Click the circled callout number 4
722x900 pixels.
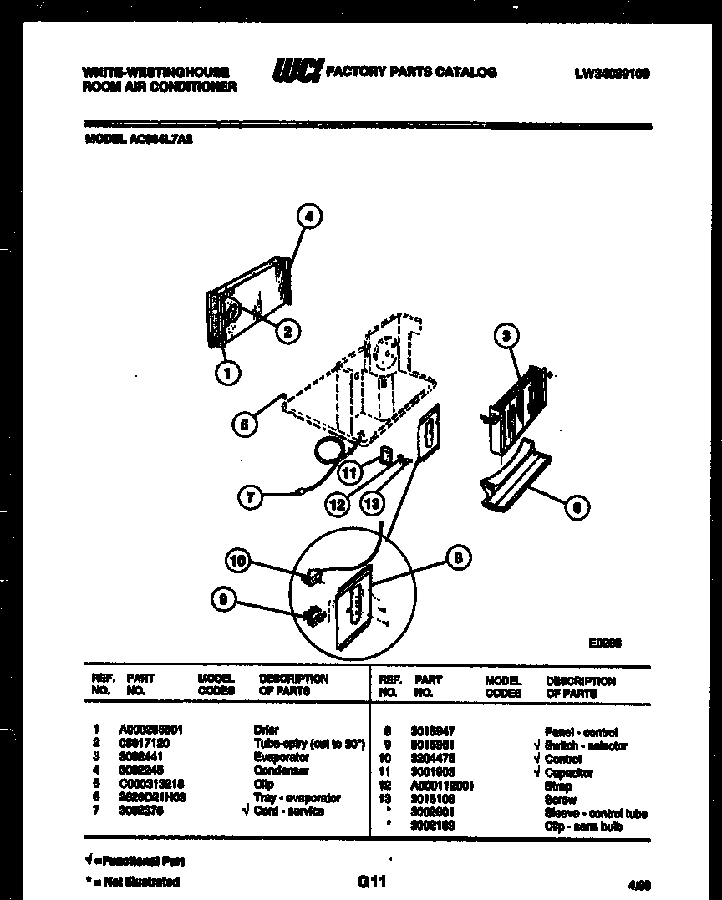tap(309, 216)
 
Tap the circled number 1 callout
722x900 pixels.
tap(226, 373)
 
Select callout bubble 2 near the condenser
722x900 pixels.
tap(287, 332)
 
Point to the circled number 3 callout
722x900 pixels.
tap(506, 336)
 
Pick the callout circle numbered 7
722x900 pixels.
tap(250, 497)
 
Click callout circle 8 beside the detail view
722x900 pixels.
tap(458, 558)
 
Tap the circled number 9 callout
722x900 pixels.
tap(222, 599)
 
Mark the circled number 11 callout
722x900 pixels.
tap(350, 473)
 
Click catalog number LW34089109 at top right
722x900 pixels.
tap(612, 74)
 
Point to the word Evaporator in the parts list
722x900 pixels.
tap(281, 757)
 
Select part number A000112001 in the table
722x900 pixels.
tap(442, 786)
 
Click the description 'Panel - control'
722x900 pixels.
tap(581, 731)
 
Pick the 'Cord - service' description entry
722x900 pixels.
tap(289, 811)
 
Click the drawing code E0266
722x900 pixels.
tap(605, 643)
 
